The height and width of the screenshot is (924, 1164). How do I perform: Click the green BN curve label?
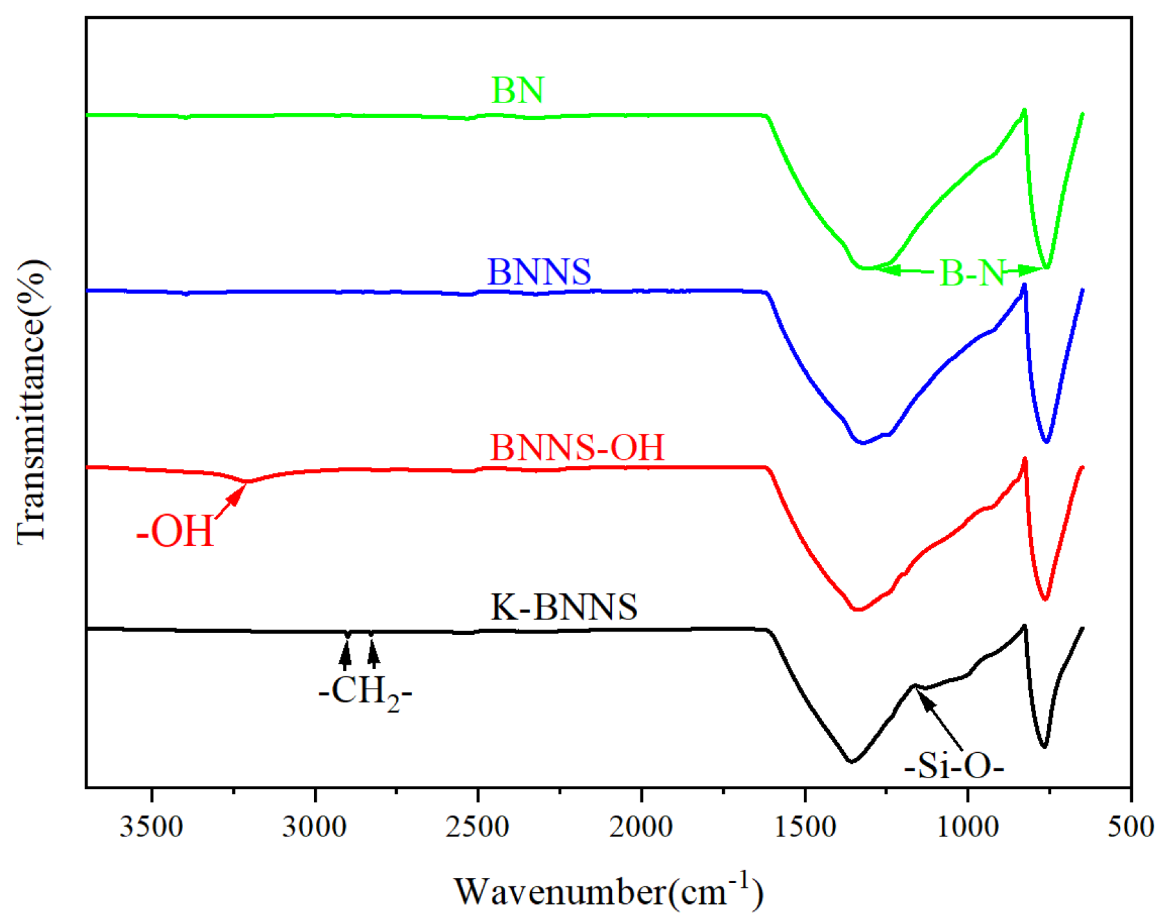tap(517, 90)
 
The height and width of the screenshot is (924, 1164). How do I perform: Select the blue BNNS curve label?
tap(539, 272)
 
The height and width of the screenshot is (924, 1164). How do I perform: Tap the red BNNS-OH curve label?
tap(577, 447)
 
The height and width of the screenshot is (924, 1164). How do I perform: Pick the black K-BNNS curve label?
tap(564, 608)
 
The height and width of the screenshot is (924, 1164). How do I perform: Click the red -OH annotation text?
tap(175, 532)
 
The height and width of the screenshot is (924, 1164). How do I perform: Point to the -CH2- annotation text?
tap(365, 692)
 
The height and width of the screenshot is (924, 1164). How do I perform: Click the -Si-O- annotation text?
tap(954, 766)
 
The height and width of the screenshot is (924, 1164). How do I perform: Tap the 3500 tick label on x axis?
tap(151, 828)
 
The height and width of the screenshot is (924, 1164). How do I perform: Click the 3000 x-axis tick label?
tap(315, 828)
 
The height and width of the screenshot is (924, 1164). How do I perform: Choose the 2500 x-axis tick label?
tap(478, 828)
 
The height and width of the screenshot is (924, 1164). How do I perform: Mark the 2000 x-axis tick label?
tap(641, 828)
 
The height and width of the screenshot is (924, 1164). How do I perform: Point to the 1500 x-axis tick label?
tap(805, 828)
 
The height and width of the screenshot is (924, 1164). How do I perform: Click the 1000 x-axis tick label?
tap(967, 828)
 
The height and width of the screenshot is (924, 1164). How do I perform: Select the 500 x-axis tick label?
tap(1130, 828)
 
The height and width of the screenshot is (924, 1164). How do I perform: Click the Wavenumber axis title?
tap(608, 892)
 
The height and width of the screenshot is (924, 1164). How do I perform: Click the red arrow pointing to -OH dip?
tap(230, 502)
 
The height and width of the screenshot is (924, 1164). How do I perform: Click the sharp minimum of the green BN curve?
tap(1046, 267)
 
